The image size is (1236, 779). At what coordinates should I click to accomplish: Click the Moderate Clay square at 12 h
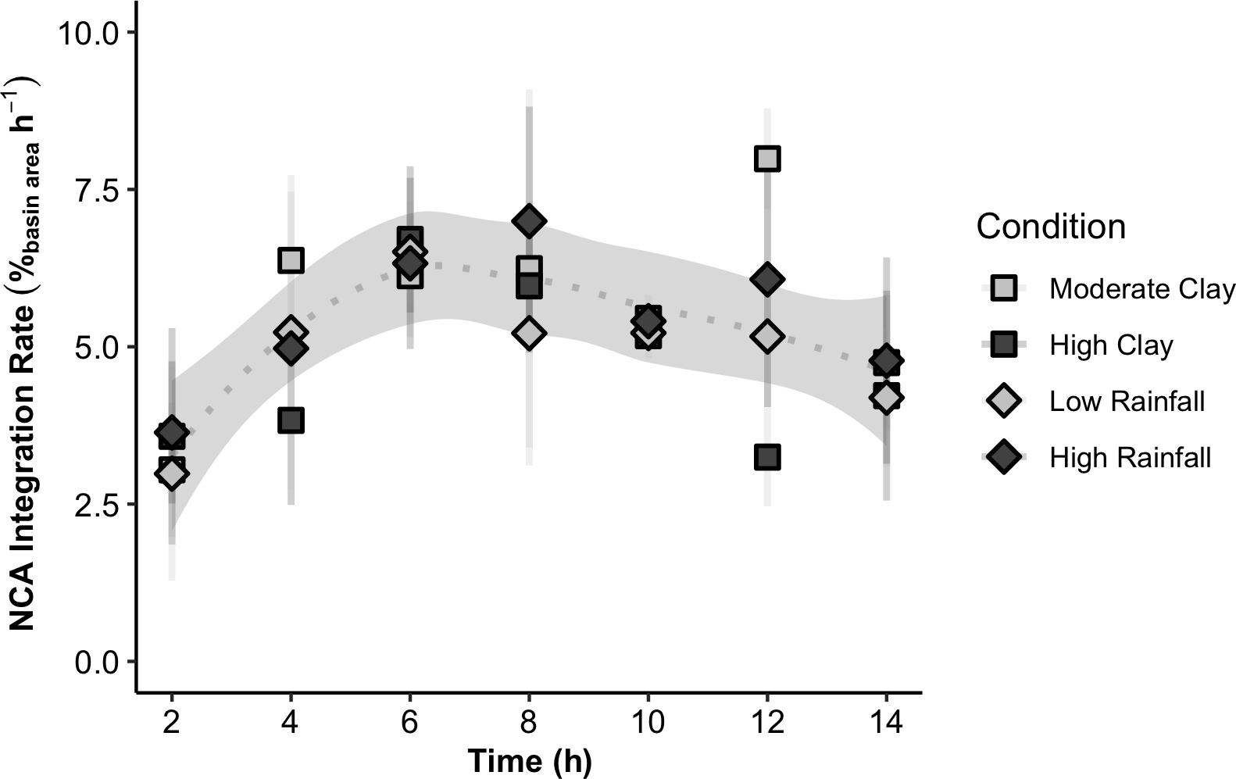click(x=767, y=159)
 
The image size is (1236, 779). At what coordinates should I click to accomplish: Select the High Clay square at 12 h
click(x=767, y=457)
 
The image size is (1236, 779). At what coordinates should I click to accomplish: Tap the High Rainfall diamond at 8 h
click(x=529, y=221)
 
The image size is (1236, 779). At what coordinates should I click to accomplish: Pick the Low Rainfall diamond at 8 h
click(x=529, y=334)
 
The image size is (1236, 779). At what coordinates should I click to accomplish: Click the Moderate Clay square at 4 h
click(x=291, y=259)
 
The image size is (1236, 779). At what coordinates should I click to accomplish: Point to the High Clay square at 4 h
click(x=291, y=420)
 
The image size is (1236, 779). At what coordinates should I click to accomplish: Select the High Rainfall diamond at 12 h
click(x=767, y=279)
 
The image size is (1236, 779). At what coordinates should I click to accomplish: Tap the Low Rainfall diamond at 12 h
click(x=767, y=337)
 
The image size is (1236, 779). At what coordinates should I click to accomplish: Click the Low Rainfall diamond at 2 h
click(x=172, y=473)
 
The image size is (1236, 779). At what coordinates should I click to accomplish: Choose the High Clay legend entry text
click(x=1111, y=345)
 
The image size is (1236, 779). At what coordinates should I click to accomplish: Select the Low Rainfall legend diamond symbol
click(x=1004, y=402)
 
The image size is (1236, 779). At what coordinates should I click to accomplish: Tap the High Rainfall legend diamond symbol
click(x=1004, y=458)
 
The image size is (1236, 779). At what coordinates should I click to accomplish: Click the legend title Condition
click(x=1051, y=227)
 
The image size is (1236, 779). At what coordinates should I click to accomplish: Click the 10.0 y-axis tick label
click(x=87, y=32)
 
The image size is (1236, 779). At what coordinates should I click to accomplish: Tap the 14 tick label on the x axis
click(x=886, y=722)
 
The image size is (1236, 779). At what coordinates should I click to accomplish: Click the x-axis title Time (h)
click(x=529, y=761)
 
